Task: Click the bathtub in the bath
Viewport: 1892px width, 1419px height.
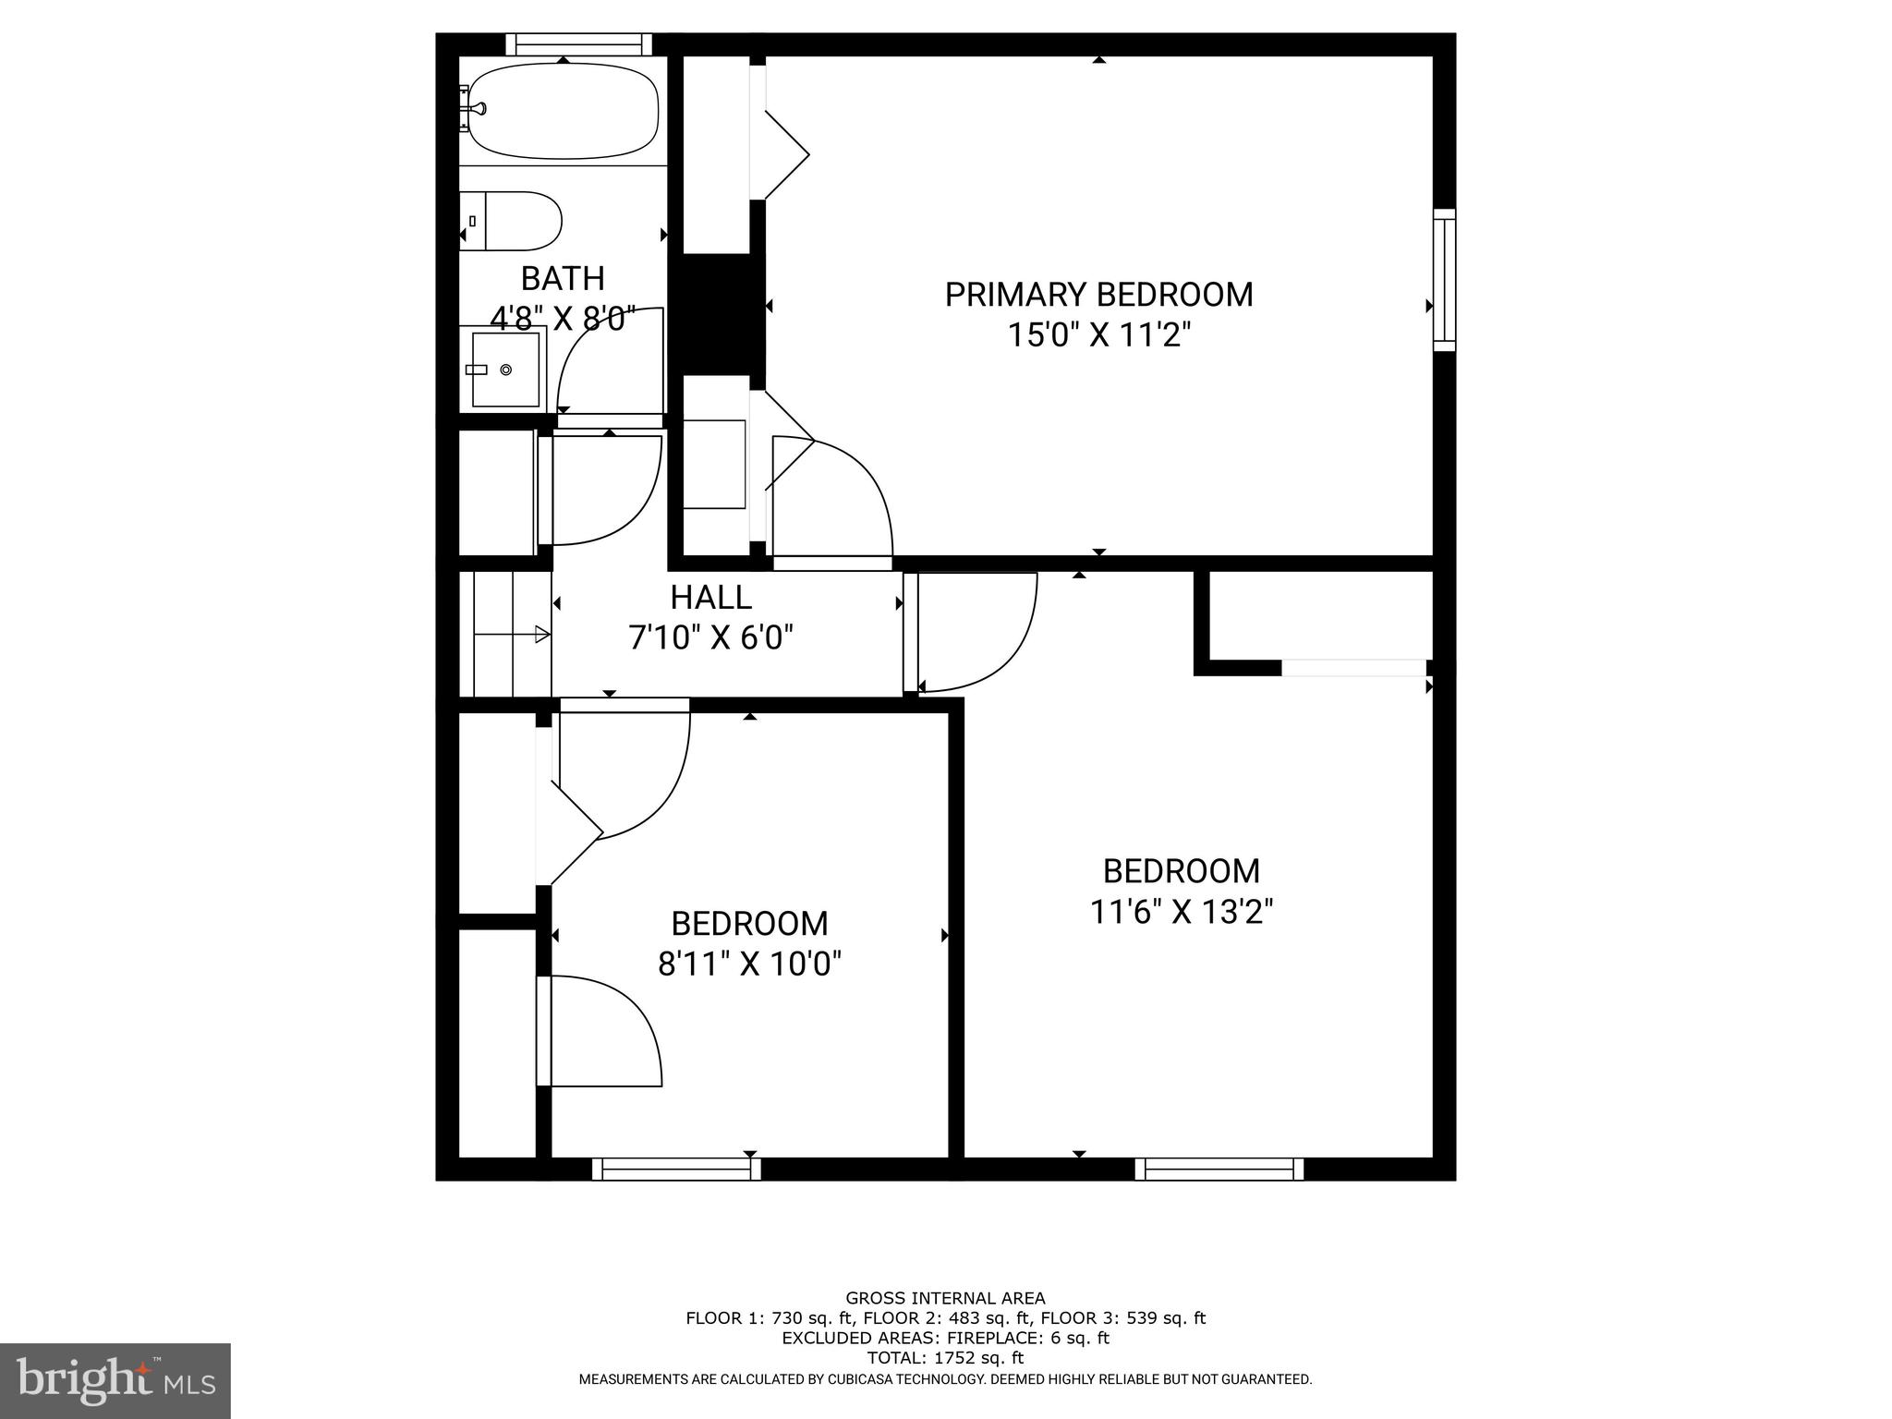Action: click(564, 111)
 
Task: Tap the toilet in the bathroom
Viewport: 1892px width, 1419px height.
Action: click(514, 222)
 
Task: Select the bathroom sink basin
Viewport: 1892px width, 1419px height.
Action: click(505, 370)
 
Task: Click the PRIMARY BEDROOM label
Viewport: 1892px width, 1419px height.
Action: click(1098, 295)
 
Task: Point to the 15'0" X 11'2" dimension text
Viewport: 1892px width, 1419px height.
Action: click(1098, 335)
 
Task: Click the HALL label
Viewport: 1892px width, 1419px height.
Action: click(710, 598)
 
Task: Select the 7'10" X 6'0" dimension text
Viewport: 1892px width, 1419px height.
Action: click(710, 638)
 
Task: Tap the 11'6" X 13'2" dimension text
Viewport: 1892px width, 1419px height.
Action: click(1182, 913)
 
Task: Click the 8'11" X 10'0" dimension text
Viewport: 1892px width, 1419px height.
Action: click(749, 965)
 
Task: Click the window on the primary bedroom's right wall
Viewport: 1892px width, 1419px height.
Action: click(1444, 280)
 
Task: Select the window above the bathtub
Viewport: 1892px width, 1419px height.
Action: click(578, 44)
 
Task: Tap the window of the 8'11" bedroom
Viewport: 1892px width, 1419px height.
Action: click(676, 1169)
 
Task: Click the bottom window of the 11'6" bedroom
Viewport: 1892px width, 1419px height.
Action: click(1219, 1169)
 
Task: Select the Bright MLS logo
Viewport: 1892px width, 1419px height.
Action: click(115, 1380)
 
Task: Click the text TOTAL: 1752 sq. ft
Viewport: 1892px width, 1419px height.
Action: click(945, 1358)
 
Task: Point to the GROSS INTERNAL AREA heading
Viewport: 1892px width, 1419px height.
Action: click(945, 1298)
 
